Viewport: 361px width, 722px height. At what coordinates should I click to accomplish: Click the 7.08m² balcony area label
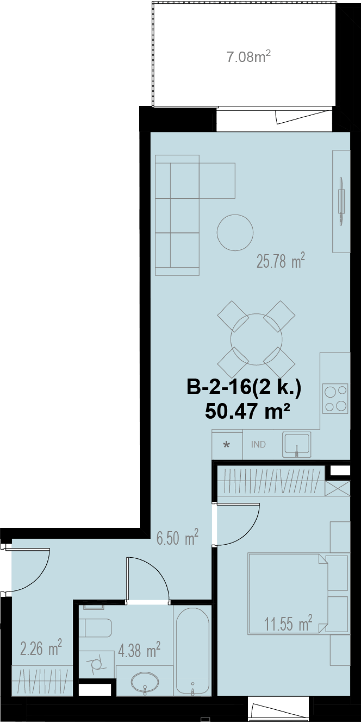(x=249, y=56)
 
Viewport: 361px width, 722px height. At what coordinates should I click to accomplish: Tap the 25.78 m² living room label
(x=281, y=260)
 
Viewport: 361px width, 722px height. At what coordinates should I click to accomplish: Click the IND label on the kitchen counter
(x=258, y=444)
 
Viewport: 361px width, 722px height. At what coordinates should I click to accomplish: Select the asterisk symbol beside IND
(x=227, y=445)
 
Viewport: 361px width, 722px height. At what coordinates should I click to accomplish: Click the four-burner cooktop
(x=335, y=398)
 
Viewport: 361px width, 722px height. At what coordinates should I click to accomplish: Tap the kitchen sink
(x=297, y=444)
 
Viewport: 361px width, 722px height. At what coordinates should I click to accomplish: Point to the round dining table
(x=256, y=339)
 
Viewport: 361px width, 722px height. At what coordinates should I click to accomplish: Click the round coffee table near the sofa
(x=235, y=232)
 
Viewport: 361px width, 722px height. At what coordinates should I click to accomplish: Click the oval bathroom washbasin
(x=145, y=683)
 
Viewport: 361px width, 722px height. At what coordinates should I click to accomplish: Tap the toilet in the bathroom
(x=95, y=628)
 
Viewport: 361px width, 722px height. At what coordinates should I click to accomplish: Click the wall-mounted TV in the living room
(x=341, y=201)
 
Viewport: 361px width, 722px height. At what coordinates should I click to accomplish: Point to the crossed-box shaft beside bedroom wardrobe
(x=338, y=488)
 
